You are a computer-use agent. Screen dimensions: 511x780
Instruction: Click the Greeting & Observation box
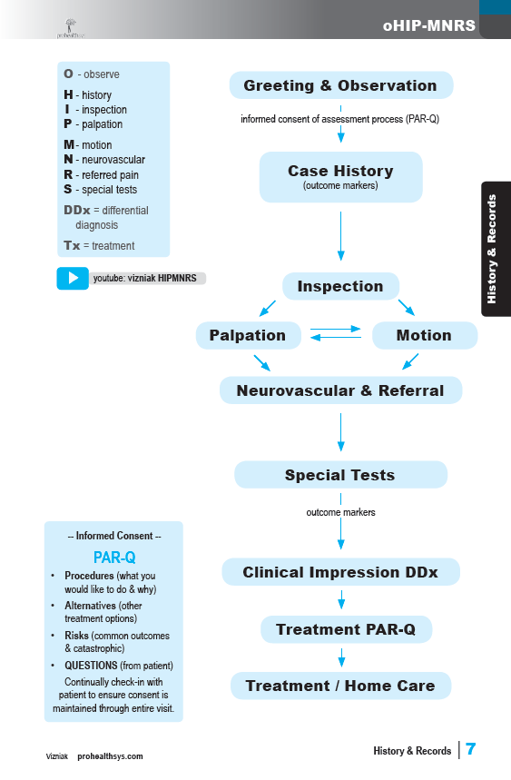pos(341,85)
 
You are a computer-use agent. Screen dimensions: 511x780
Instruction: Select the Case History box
pos(341,177)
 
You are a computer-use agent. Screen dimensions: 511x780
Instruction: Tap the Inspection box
pos(340,286)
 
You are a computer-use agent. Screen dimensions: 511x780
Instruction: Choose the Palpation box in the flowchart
pos(248,335)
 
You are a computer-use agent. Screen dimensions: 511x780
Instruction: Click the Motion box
pos(425,335)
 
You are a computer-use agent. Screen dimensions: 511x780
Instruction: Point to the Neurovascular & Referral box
pos(340,390)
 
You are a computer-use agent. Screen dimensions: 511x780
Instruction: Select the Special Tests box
pos(340,475)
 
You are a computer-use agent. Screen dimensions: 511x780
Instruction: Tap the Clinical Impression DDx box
pos(340,571)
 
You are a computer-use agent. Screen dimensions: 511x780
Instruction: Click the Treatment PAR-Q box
pos(346,629)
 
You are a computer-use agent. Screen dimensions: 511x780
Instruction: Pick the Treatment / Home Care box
pos(340,686)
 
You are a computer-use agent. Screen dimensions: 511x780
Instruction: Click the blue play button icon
pos(73,278)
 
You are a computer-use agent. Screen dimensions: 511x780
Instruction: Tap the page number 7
pos(471,748)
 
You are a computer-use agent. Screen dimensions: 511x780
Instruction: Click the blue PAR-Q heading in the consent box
pos(114,558)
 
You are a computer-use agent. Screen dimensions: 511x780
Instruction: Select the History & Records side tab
pos(496,249)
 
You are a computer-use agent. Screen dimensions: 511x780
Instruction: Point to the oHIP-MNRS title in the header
pos(429,25)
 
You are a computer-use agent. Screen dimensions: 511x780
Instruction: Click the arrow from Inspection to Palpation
pos(268,308)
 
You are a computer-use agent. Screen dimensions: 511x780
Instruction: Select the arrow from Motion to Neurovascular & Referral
pos(410,361)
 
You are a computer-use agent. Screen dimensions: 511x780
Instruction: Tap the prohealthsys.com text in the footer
pos(110,756)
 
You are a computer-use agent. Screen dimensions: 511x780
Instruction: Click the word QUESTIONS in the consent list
pos(91,665)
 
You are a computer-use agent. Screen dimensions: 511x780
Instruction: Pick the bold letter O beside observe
pos(69,74)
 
